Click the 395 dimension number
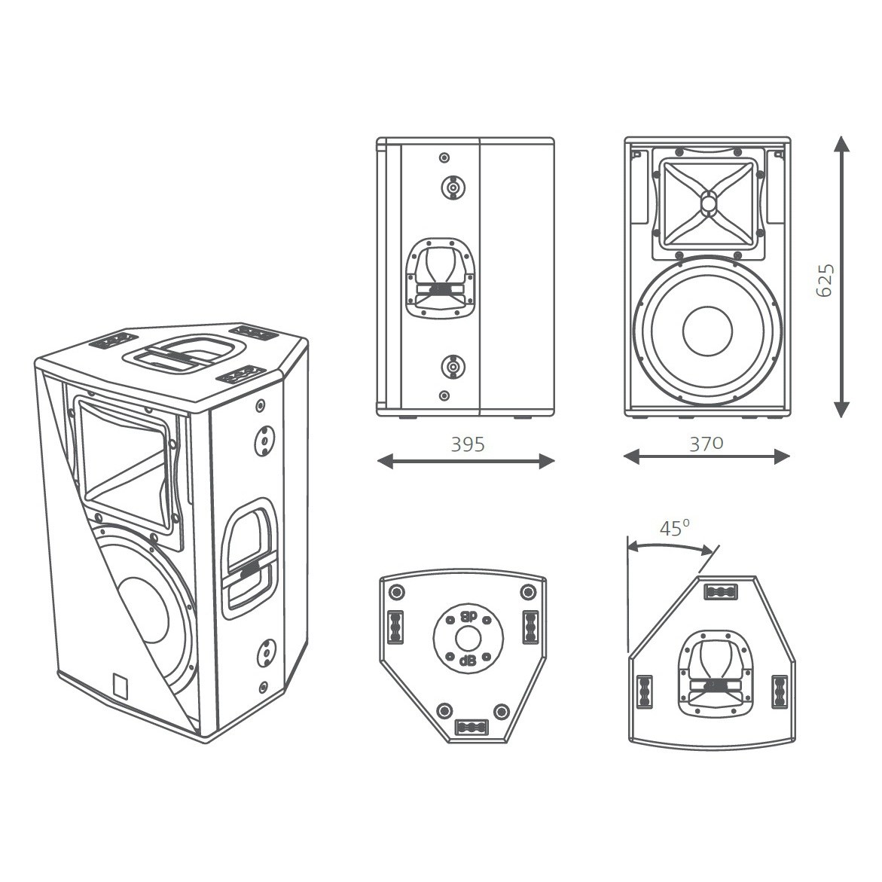[468, 444]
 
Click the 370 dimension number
[707, 443]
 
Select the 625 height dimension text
[826, 279]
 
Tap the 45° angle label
[675, 528]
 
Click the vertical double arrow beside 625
[842, 276]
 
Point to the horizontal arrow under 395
[465, 462]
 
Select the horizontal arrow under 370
[707, 456]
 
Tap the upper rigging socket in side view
[453, 187]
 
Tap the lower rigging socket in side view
[453, 368]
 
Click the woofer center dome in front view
[707, 329]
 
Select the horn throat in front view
[708, 203]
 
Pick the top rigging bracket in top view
[719, 593]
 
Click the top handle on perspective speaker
[185, 352]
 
